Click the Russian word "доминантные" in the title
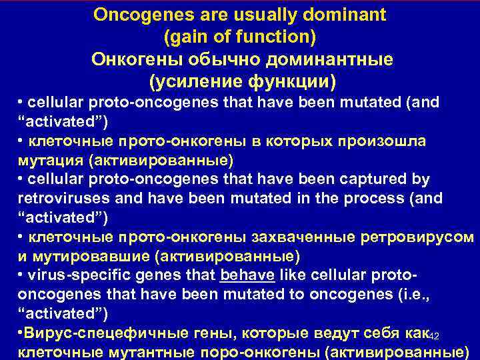pyautogui.click(x=330, y=59)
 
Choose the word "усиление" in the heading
pyautogui.click(x=207, y=82)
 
